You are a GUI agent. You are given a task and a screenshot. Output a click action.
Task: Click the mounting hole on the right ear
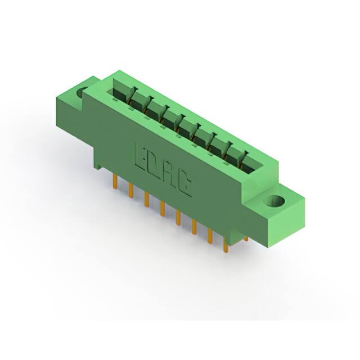(x=274, y=201)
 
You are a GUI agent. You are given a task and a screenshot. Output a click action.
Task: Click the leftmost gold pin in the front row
(x=115, y=181)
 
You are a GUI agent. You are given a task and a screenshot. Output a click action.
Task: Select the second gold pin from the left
(x=131, y=190)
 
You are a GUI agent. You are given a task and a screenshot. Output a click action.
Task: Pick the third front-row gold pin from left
(x=147, y=200)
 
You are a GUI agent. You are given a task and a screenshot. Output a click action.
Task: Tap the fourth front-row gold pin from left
(x=163, y=209)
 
